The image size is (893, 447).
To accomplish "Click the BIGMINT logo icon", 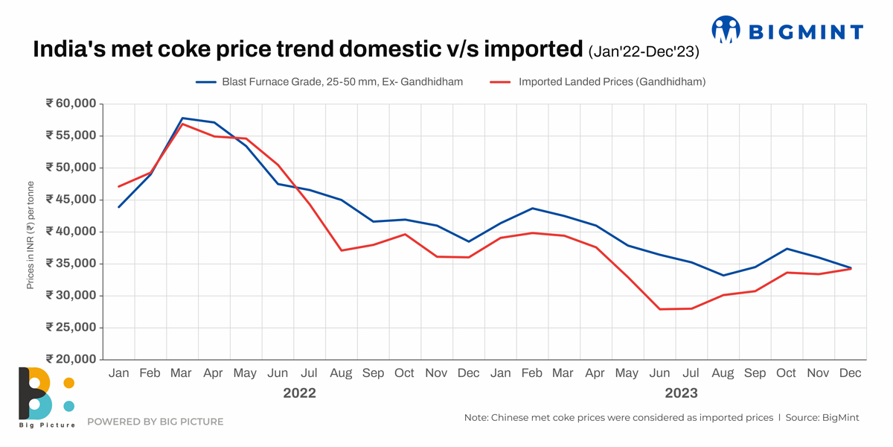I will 726,30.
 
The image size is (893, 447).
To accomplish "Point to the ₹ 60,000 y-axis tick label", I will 71,104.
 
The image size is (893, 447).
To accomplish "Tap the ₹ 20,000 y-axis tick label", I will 71,359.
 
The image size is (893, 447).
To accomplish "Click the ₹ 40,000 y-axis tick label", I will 71,232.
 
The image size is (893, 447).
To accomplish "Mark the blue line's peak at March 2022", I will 182,118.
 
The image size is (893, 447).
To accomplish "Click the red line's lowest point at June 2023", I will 659,309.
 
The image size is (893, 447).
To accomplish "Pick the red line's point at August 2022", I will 341,250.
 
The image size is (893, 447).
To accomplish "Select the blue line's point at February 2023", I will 532,208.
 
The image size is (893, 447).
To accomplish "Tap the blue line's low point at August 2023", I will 723,276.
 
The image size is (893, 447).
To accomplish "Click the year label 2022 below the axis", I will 299,393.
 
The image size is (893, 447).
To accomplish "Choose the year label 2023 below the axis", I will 681,393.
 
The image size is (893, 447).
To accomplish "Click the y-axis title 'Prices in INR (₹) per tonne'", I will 31,235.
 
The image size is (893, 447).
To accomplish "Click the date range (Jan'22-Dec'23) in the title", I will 644,52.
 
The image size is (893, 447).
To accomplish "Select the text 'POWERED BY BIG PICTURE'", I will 155,422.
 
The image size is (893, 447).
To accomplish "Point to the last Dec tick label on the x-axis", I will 851,373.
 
